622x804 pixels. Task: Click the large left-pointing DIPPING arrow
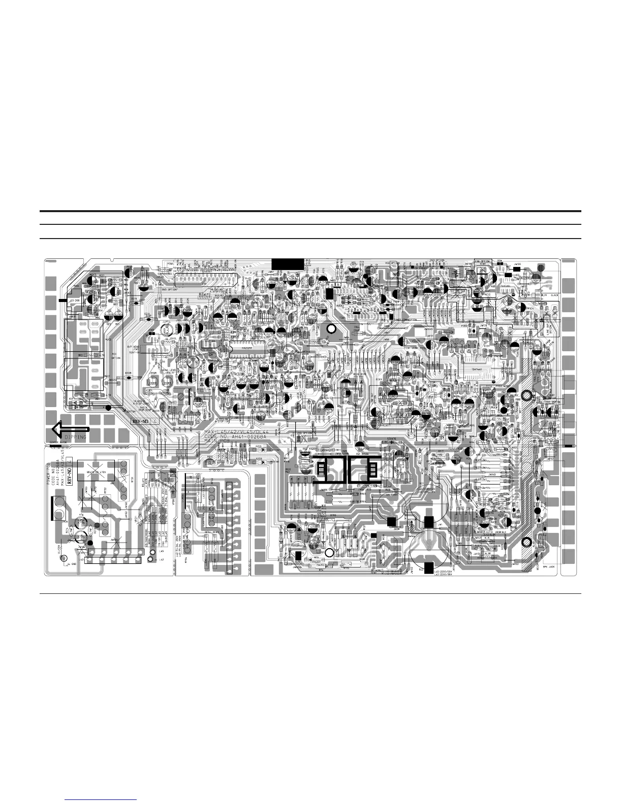(70, 430)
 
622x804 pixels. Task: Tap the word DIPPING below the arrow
(75, 437)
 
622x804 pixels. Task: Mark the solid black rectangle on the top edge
(287, 264)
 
